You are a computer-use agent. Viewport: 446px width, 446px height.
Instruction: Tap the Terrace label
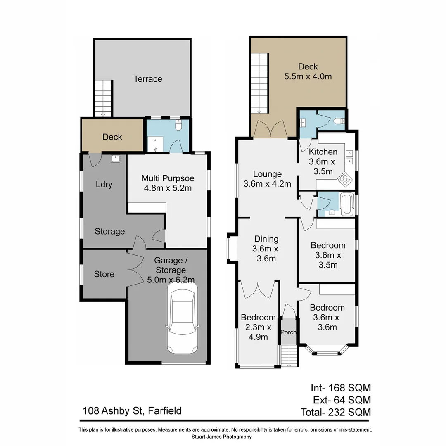[147, 79]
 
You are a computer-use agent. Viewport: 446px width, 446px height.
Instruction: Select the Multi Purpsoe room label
[168, 183]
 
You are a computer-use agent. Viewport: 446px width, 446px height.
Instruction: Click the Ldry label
[104, 184]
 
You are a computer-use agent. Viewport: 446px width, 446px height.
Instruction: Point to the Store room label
[104, 274]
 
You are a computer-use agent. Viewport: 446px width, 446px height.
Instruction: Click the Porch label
[288, 332]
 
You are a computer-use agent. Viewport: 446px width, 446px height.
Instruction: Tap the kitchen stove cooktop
[344, 179]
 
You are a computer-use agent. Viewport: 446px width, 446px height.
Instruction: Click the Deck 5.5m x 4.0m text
[308, 71]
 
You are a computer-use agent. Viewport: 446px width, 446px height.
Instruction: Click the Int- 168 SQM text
[341, 388]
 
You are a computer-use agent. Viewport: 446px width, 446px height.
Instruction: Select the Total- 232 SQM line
[335, 412]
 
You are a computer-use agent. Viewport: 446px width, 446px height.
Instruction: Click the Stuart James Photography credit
[222, 437]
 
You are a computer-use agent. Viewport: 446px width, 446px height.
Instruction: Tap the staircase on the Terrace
[103, 98]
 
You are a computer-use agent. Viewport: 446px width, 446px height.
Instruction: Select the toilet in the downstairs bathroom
[178, 125]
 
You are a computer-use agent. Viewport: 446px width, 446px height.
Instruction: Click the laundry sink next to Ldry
[115, 158]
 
